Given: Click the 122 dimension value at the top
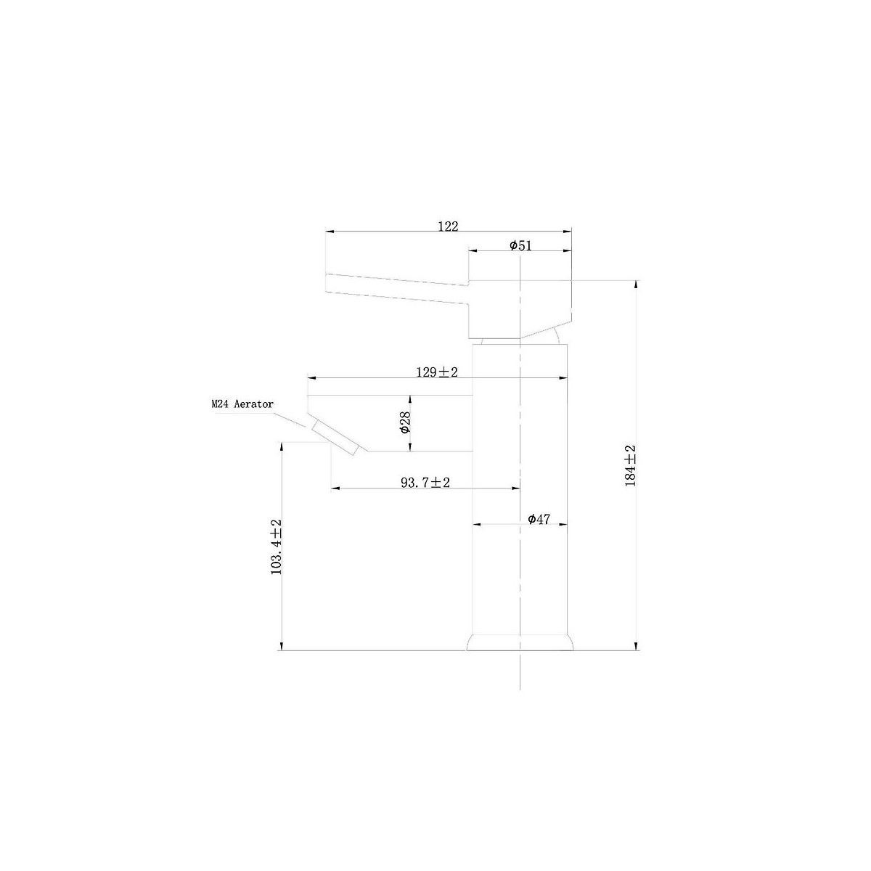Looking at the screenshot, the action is [448, 226].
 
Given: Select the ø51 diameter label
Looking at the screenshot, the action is [520, 245].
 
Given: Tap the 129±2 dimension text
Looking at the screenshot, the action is [437, 372].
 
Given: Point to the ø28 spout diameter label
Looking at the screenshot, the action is [406, 422].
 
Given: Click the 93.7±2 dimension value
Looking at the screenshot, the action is [425, 482].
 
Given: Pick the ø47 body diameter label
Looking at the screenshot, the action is [539, 520].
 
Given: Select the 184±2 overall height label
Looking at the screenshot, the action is [630, 465].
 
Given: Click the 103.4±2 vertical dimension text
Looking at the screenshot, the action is [276, 547].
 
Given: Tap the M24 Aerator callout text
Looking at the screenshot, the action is [242, 404].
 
